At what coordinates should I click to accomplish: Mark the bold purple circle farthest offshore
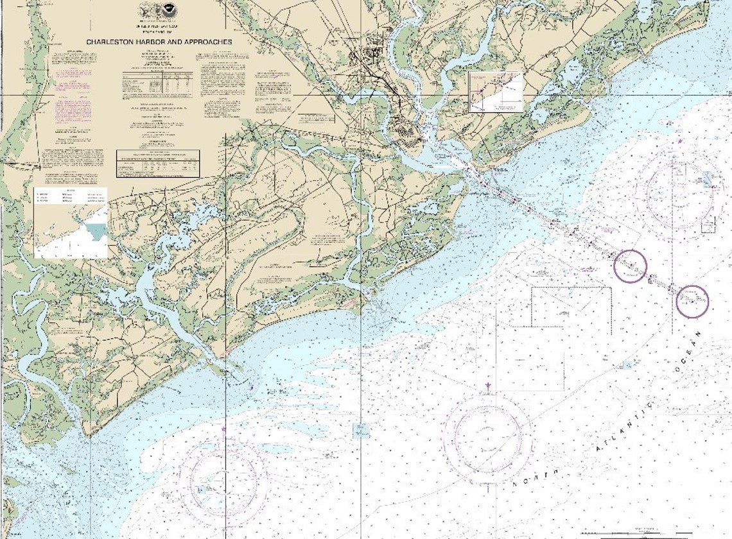[692, 301]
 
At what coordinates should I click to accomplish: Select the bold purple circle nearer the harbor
[630, 266]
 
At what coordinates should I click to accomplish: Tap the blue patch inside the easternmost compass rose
[706, 179]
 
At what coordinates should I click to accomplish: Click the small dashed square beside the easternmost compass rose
[708, 225]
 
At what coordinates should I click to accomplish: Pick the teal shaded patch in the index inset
[97, 230]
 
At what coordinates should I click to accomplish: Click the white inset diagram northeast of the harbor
[495, 91]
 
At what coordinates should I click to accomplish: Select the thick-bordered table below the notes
[158, 164]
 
